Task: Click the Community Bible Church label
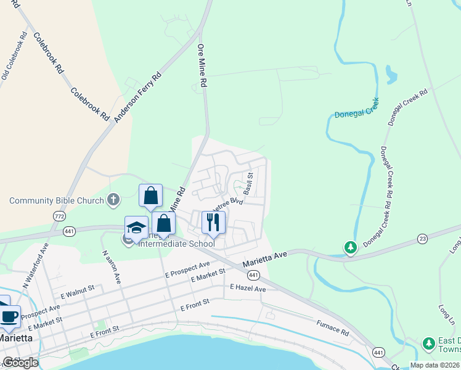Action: click(x=56, y=200)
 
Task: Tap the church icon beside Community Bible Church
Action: click(x=113, y=200)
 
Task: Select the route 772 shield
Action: click(x=59, y=216)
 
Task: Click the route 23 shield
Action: click(x=422, y=237)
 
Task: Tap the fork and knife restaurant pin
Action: click(x=213, y=223)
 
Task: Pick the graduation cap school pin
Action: click(x=136, y=227)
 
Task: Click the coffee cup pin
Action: click(x=9, y=316)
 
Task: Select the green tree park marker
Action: click(x=351, y=248)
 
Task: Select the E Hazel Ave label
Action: click(x=248, y=288)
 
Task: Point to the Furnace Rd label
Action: click(x=333, y=327)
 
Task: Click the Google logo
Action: click(x=20, y=363)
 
